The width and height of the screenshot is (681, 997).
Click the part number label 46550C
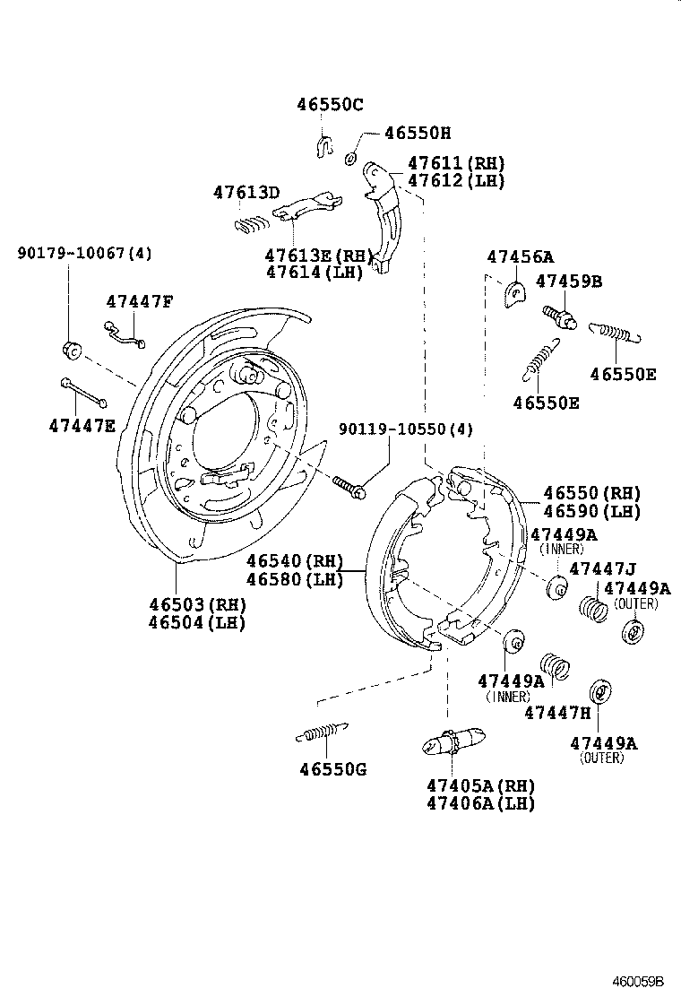(330, 105)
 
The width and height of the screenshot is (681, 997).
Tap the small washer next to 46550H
(351, 158)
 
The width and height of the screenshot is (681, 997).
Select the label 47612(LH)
(456, 180)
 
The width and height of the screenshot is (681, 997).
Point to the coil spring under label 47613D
(252, 224)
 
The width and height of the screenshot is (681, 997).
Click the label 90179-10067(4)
(84, 254)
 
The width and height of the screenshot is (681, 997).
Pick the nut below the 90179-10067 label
(71, 349)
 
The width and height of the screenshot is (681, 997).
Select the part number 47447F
(139, 301)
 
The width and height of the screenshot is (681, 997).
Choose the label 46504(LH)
(196, 623)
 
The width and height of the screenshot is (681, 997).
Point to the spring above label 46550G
(322, 732)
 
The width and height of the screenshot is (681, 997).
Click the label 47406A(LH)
(480, 803)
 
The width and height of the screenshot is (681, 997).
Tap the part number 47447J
(602, 568)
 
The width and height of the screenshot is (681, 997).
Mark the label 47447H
(557, 713)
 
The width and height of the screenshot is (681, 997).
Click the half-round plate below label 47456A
(516, 293)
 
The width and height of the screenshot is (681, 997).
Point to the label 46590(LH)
(591, 512)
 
